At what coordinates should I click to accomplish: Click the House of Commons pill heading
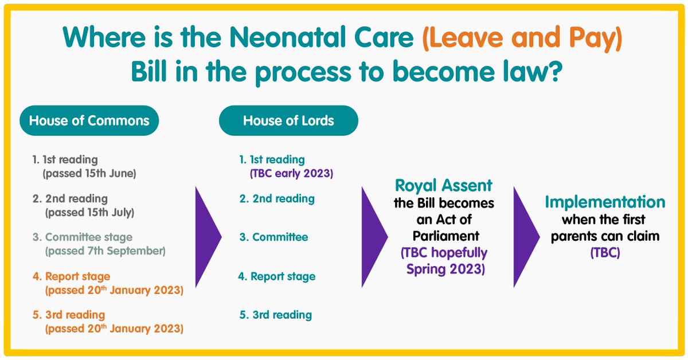[89, 121]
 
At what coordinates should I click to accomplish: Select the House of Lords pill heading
[288, 121]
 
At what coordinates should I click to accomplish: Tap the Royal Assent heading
[444, 185]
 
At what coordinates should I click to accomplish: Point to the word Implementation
[605, 202]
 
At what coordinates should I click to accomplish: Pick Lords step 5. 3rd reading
[276, 315]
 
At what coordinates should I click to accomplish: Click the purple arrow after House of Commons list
[208, 236]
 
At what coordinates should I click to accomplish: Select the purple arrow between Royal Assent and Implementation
[525, 236]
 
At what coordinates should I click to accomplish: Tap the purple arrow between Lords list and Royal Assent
[373, 236]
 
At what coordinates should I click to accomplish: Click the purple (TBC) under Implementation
[605, 252]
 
